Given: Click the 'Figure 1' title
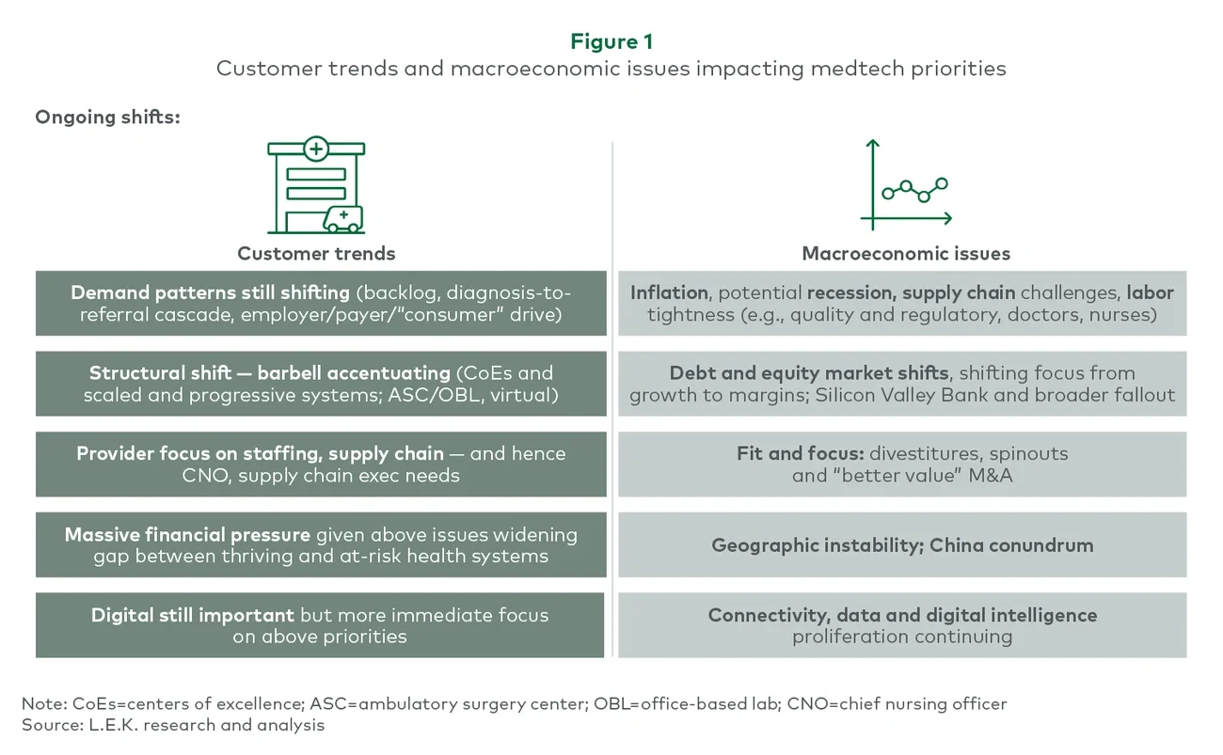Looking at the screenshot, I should pos(611,41).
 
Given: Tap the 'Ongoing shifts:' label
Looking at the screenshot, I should pos(107,118).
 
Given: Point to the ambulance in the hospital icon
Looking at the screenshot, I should pos(342,219).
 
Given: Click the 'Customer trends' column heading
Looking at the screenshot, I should pos(316,254).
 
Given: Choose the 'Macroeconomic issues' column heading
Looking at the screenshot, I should pos(905,254).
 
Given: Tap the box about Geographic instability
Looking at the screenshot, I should pos(901,545).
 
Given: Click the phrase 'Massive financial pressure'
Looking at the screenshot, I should pos(187,535).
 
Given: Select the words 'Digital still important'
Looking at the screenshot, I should pos(192,616).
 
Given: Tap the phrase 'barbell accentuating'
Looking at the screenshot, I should pos(372,373).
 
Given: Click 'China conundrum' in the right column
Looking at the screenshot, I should pos(1002,545).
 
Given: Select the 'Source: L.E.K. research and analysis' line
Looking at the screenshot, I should pos(172,725).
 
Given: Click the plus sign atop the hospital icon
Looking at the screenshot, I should pos(316,149).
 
